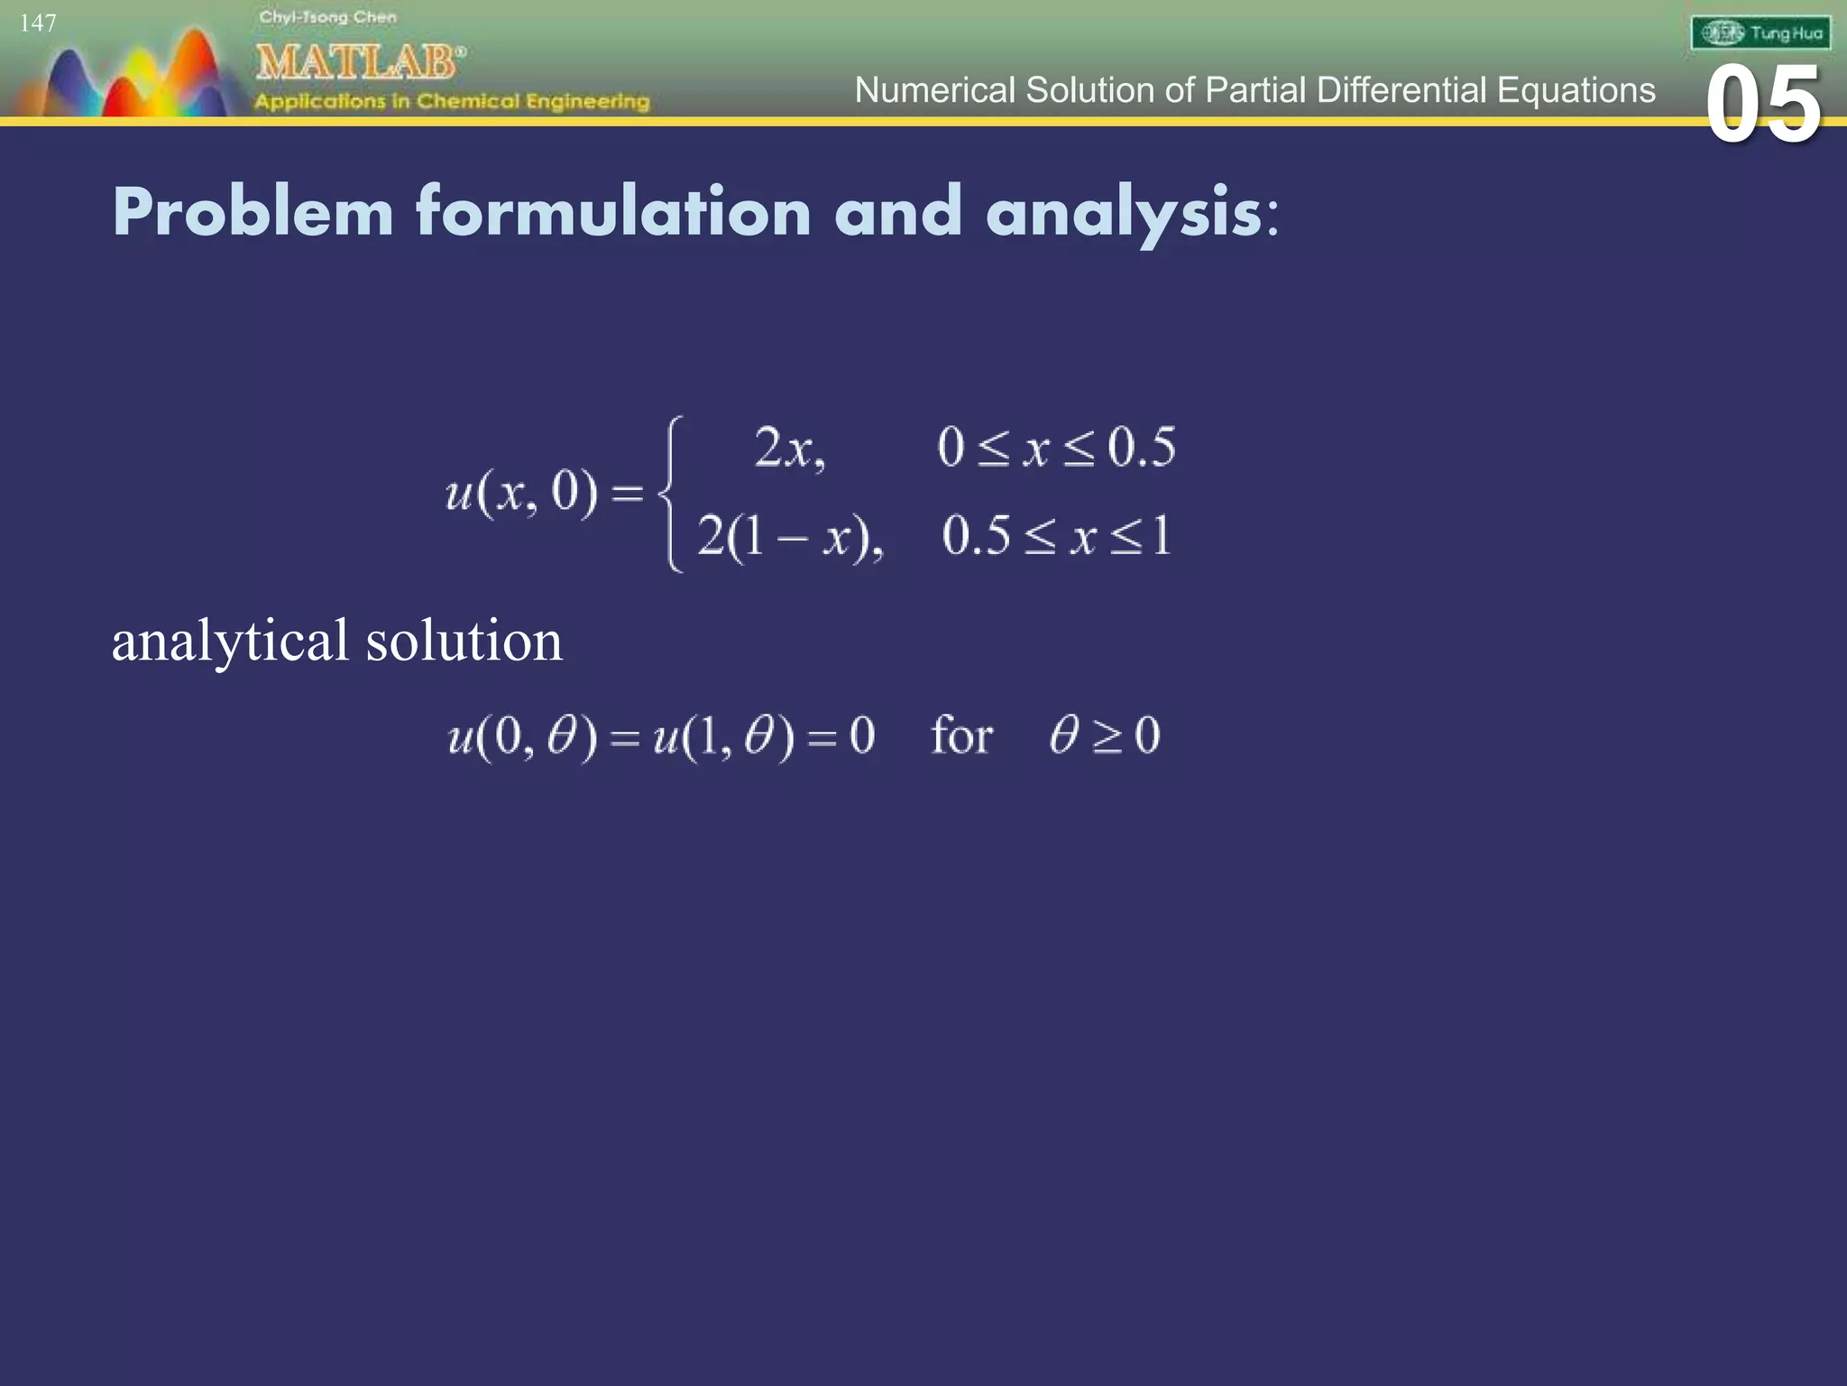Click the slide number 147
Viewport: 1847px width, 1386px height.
click(x=38, y=23)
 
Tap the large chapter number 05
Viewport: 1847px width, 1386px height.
click(x=1762, y=106)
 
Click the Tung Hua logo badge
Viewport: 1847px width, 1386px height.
click(x=1760, y=33)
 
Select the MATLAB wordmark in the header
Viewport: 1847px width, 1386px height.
click(x=359, y=63)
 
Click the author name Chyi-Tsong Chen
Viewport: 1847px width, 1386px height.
click(x=327, y=17)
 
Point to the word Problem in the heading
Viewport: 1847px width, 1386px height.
click(x=253, y=213)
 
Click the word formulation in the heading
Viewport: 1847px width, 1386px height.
click(x=613, y=213)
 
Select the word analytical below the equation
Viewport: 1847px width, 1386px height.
click(x=229, y=641)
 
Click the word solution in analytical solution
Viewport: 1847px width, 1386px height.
click(x=464, y=641)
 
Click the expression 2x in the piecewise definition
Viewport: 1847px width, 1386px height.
click(x=788, y=448)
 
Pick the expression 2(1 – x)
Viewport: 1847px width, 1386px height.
click(x=789, y=537)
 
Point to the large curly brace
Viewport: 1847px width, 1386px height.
click(x=670, y=494)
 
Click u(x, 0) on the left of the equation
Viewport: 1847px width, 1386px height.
click(x=520, y=494)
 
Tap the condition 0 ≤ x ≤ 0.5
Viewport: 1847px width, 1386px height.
click(x=1056, y=448)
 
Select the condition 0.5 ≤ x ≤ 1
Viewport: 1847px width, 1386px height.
click(x=1056, y=536)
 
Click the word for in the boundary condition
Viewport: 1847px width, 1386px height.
click(x=961, y=735)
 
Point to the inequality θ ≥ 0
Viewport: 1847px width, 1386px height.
click(x=1104, y=735)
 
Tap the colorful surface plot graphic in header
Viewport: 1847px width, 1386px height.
click(x=126, y=77)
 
